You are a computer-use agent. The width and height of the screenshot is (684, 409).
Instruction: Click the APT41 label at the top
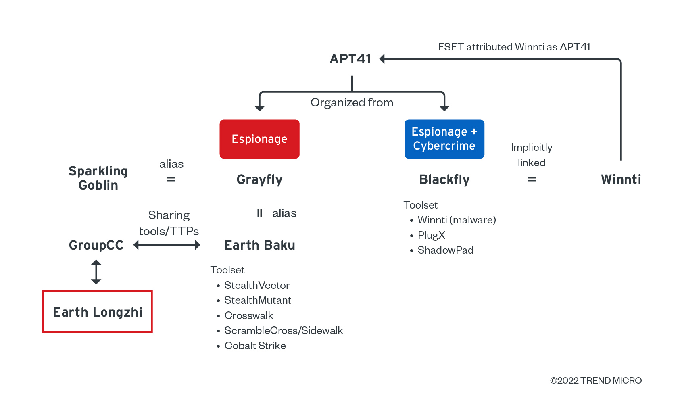click(x=350, y=59)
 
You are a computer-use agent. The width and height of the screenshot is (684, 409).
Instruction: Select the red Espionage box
click(x=259, y=139)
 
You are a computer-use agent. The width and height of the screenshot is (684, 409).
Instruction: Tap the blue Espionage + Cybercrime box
click(x=444, y=139)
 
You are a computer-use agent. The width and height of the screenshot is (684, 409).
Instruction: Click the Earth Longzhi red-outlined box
click(x=98, y=312)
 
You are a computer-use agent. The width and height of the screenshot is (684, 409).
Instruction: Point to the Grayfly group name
click(x=259, y=179)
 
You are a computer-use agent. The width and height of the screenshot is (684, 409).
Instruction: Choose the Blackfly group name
click(x=444, y=179)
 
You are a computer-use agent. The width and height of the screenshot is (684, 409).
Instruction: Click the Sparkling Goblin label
click(x=98, y=178)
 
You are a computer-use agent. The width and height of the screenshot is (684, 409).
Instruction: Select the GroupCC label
click(x=96, y=245)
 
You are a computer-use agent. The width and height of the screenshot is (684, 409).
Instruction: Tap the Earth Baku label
click(x=259, y=245)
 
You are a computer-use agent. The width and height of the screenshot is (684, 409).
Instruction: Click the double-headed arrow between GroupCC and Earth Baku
click(x=167, y=245)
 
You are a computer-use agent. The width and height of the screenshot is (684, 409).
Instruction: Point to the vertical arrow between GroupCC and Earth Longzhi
click(x=96, y=272)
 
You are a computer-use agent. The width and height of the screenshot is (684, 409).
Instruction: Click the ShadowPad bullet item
click(x=445, y=250)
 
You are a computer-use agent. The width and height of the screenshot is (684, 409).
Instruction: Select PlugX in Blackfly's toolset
click(x=431, y=235)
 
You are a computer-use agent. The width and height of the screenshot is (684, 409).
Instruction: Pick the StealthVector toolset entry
click(x=257, y=285)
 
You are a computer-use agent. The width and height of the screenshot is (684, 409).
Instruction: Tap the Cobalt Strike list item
click(x=255, y=346)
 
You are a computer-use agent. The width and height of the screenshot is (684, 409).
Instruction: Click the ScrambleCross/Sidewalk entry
click(x=284, y=330)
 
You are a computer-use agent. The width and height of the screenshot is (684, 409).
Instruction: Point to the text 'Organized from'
click(x=352, y=102)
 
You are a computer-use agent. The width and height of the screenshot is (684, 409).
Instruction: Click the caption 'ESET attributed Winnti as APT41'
click(x=514, y=47)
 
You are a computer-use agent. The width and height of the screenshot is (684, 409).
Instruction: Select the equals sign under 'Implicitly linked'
click(x=532, y=179)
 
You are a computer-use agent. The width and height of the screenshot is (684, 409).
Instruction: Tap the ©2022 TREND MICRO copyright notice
click(x=596, y=380)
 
